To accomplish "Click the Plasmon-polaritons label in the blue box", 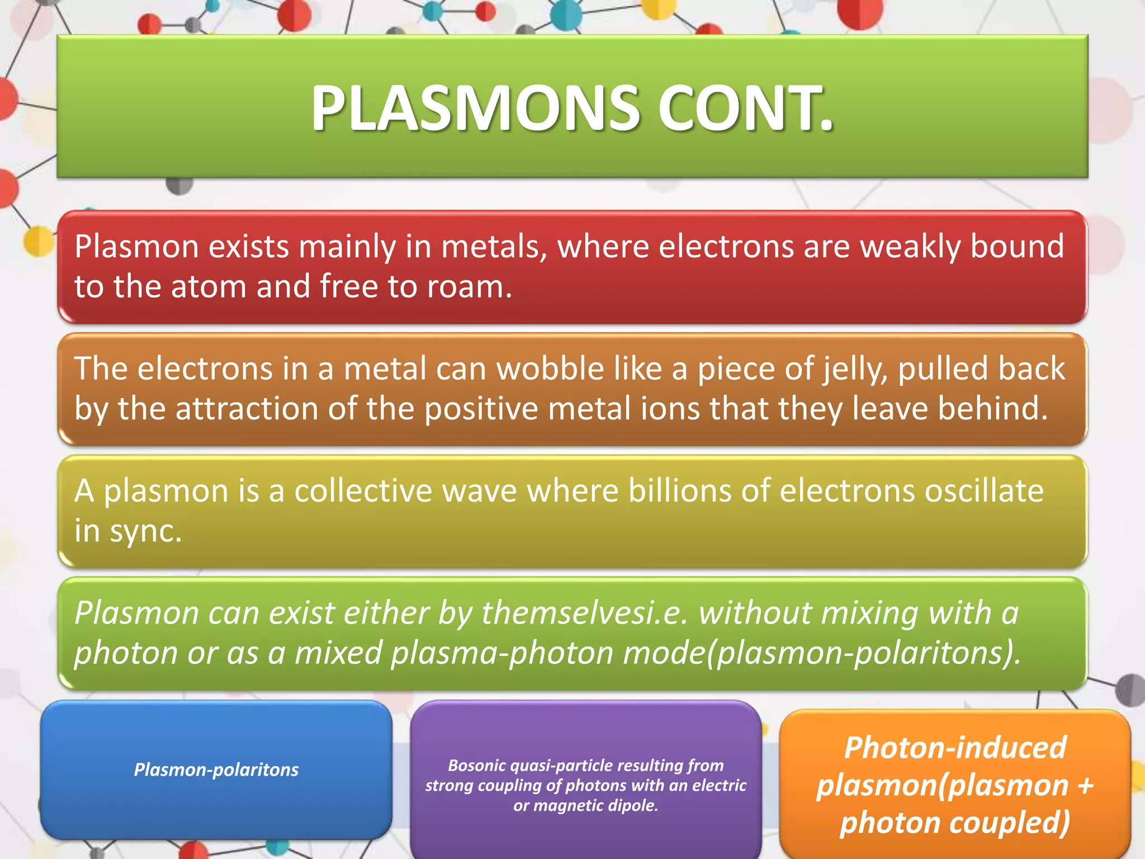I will click(216, 770).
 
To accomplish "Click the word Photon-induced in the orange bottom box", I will click(955, 748).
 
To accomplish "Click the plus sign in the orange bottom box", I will click(1085, 786).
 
